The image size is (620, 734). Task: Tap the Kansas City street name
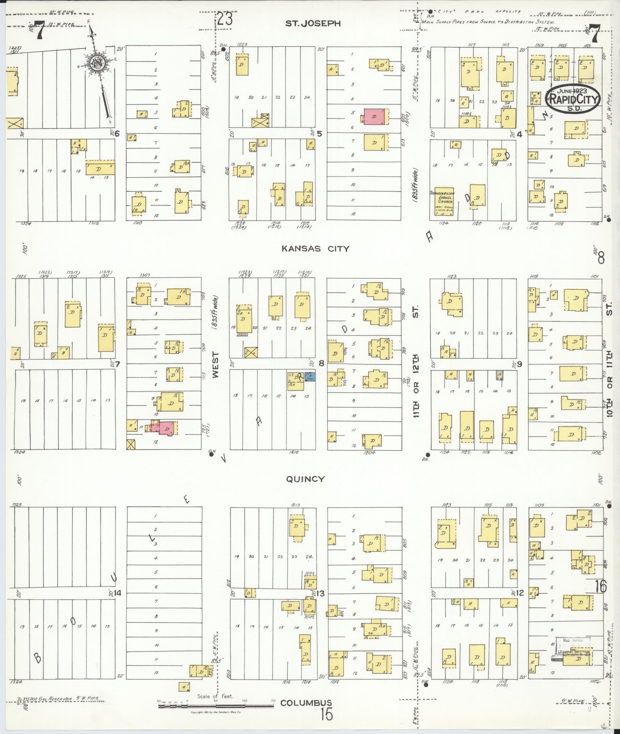click(315, 249)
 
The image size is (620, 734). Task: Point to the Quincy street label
click(305, 479)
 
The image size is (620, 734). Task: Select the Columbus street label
click(306, 703)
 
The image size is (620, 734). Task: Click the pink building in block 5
click(374, 117)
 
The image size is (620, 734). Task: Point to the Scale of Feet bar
click(216, 706)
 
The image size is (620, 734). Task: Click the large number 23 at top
click(225, 19)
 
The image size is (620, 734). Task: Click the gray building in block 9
click(499, 375)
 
